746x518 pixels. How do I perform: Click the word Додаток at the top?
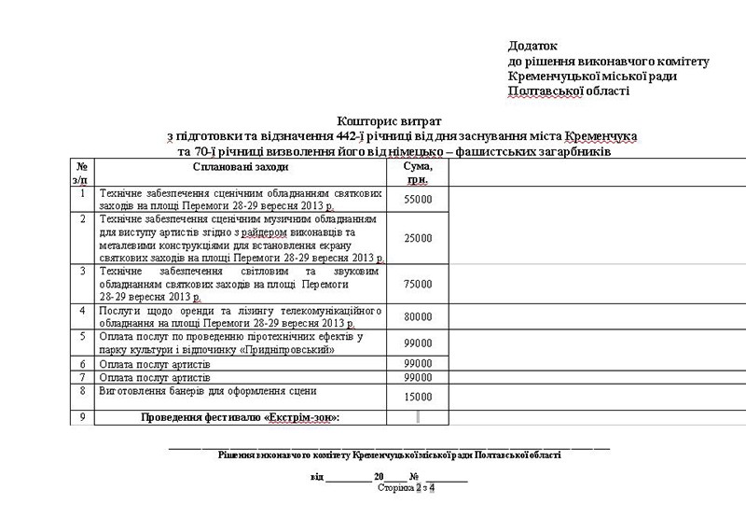click(532, 45)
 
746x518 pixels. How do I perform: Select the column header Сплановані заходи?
click(241, 167)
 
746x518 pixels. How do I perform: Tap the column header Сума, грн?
click(417, 172)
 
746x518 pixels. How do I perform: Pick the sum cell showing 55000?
click(417, 200)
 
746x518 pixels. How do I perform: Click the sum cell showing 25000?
click(417, 239)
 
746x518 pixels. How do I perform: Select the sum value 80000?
click(417, 317)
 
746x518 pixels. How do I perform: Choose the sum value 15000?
click(417, 397)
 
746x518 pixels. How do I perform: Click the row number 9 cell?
click(83, 416)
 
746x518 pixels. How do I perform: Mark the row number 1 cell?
click(83, 193)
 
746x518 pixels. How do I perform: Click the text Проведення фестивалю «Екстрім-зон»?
click(241, 417)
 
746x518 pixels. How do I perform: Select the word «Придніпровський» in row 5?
click(289, 349)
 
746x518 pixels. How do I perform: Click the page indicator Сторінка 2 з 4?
click(407, 487)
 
